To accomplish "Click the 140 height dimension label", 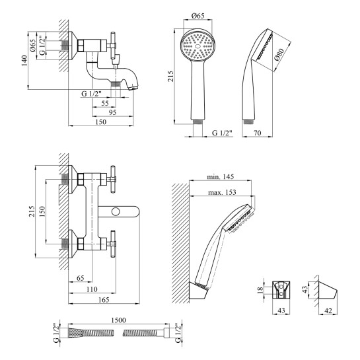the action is (x=24, y=61).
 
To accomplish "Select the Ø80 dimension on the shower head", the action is (x=279, y=55).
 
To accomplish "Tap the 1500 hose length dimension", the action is (x=118, y=320).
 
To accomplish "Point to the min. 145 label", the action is (x=221, y=176).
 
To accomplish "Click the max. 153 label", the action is (x=222, y=192).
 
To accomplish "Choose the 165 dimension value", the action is (x=104, y=300).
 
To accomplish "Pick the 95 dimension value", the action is (x=112, y=112).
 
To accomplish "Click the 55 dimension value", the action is (x=104, y=103).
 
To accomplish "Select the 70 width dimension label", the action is (x=258, y=133).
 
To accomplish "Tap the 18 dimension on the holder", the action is (x=260, y=290).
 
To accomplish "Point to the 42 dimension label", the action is (x=328, y=310).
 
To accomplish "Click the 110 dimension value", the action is (x=92, y=289).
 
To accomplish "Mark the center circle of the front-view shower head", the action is (x=198, y=46).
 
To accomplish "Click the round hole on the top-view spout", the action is (x=116, y=211).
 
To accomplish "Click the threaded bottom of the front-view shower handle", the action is (x=198, y=122).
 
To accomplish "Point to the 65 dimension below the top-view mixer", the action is (x=80, y=278).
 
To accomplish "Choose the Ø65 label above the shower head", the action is (x=198, y=16).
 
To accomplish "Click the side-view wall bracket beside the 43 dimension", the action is (x=328, y=290).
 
